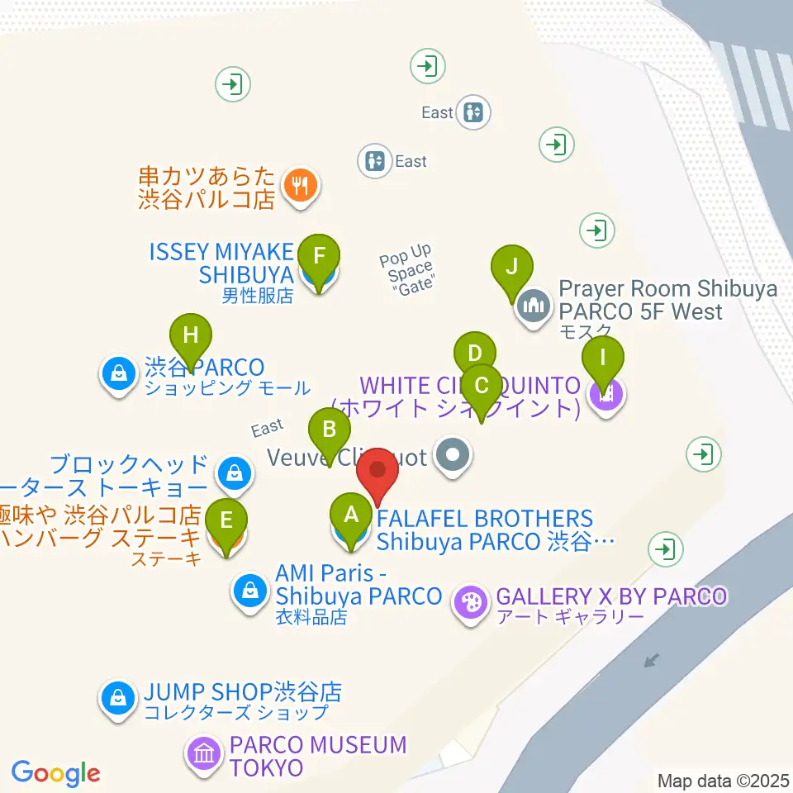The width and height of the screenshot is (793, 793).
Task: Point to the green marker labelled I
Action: [603, 359]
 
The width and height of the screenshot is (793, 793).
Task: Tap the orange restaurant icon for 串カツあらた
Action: [297, 186]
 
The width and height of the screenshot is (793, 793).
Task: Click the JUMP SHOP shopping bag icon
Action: [119, 698]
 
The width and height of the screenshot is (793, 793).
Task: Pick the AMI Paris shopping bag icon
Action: [249, 591]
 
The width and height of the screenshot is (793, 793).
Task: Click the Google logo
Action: [55, 773]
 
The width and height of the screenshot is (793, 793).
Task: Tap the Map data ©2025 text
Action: [723, 780]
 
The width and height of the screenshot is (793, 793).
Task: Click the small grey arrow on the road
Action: [653, 660]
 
